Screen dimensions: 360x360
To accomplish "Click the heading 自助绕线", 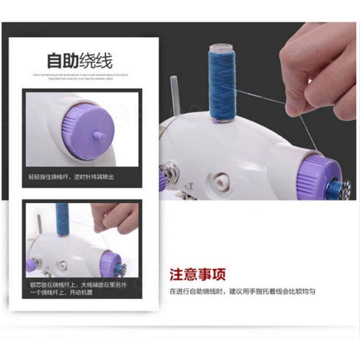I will tap(80, 60).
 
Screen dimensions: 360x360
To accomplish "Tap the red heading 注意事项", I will tap(197, 274).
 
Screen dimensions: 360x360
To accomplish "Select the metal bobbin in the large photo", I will tap(343, 187).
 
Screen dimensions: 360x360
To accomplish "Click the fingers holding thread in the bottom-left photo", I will tap(115, 216).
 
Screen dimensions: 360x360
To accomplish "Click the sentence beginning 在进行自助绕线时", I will tap(242, 291).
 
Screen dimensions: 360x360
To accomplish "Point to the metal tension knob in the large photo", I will tap(171, 173).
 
